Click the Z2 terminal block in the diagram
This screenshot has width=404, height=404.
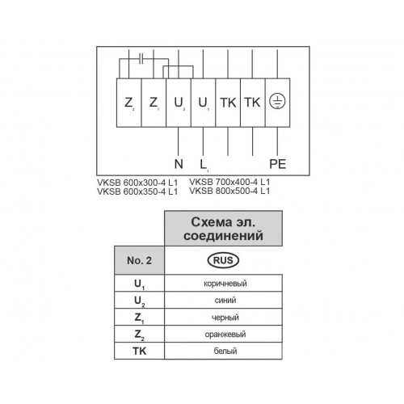click(129, 103)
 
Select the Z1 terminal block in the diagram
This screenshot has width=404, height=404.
click(154, 103)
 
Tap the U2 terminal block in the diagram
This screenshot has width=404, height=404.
click(179, 103)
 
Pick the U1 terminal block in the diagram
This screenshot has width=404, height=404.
click(204, 103)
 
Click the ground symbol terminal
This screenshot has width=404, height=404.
click(277, 103)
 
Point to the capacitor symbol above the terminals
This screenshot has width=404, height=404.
click(141, 59)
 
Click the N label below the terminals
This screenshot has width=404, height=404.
click(179, 164)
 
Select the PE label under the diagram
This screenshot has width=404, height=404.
click(278, 164)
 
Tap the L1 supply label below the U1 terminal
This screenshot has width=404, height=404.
click(204, 165)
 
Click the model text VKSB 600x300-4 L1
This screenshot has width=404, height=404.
click(137, 183)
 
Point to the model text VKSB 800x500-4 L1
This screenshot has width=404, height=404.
click(229, 191)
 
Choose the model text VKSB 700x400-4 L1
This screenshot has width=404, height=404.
click(229, 182)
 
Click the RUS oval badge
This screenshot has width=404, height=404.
click(223, 260)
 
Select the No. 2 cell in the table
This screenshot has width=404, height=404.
click(139, 260)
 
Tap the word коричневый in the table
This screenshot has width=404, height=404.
click(225, 284)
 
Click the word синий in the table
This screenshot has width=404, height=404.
click(225, 300)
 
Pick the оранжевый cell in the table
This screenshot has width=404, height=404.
click(223, 334)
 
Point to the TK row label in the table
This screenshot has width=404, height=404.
click(140, 351)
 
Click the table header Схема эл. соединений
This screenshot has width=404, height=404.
click(223, 229)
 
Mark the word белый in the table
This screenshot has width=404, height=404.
click(225, 351)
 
